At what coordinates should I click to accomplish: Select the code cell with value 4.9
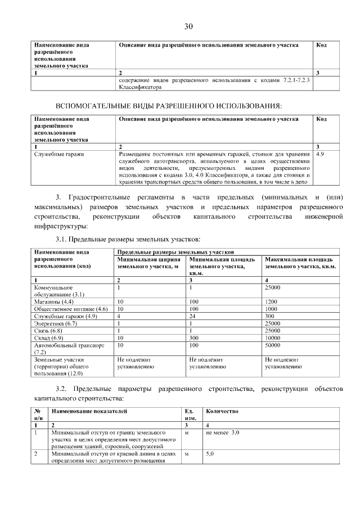pos(322,153)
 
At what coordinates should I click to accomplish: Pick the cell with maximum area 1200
pos(273,301)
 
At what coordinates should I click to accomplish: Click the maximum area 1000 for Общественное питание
pos(273,309)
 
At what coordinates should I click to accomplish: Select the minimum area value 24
pos(193,316)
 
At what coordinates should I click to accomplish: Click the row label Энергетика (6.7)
pos(56,323)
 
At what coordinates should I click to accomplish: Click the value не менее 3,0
pos(223,433)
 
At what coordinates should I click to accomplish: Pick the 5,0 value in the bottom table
pos(211,453)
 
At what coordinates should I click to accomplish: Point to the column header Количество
pos(222,412)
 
